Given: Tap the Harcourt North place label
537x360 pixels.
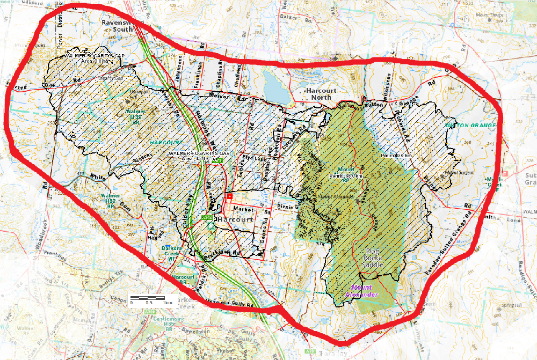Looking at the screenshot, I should (x=321, y=94).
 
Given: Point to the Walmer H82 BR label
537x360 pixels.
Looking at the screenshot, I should (x=106, y=200).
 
